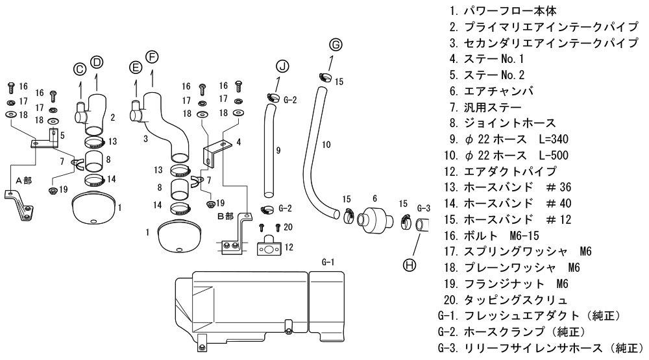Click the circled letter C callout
pyautogui.click(x=79, y=69)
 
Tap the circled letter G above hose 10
pyautogui.click(x=335, y=45)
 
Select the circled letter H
pyautogui.click(x=410, y=265)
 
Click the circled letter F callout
pyautogui.click(x=152, y=57)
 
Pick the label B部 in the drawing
pyautogui.click(x=225, y=216)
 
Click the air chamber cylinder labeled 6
pyautogui.click(x=374, y=219)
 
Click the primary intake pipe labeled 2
pyautogui.click(x=97, y=117)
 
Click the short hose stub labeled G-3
pyautogui.click(x=423, y=226)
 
